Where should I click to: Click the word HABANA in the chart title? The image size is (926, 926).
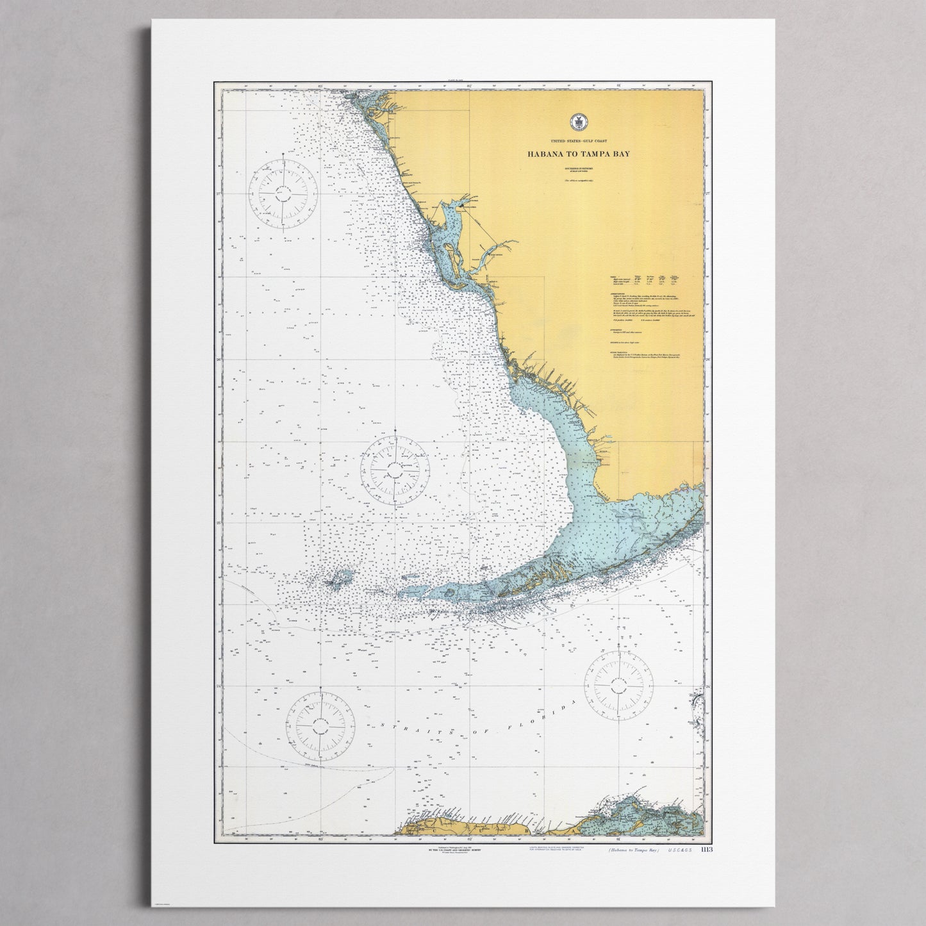[544, 154]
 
